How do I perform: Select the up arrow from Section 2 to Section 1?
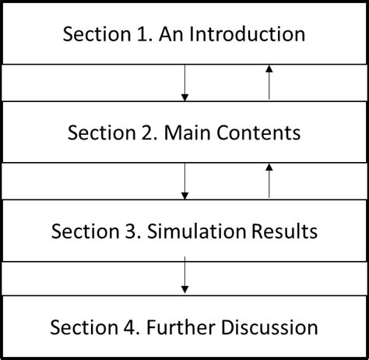269,82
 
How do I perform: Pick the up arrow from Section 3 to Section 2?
269,180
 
